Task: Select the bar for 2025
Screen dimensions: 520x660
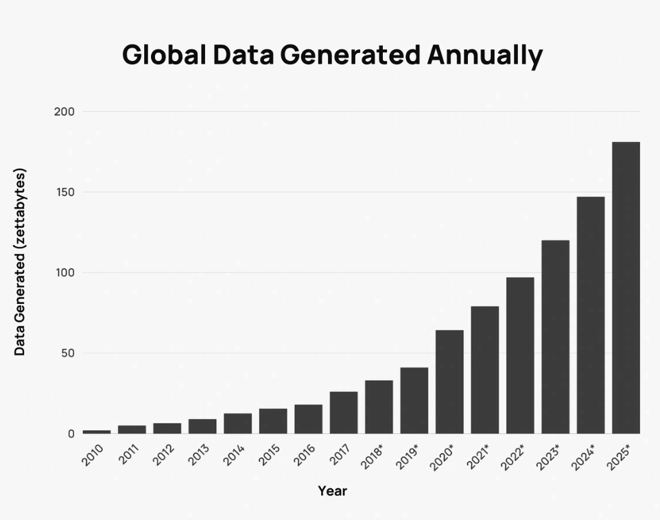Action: click(x=626, y=288)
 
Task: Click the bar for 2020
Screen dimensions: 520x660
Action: click(x=449, y=382)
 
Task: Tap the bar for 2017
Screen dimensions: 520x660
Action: click(x=344, y=412)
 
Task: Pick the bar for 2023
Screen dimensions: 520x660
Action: click(x=555, y=337)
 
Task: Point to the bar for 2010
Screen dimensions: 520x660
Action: click(x=97, y=432)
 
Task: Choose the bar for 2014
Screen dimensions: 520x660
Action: click(x=237, y=423)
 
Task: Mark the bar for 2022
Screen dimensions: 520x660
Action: click(x=520, y=355)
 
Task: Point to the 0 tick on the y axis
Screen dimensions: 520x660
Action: click(x=71, y=434)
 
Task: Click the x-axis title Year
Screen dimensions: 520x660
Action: click(x=332, y=491)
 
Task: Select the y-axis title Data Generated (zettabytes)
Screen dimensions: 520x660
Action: click(x=20, y=261)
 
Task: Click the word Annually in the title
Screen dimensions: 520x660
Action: click(x=484, y=56)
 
